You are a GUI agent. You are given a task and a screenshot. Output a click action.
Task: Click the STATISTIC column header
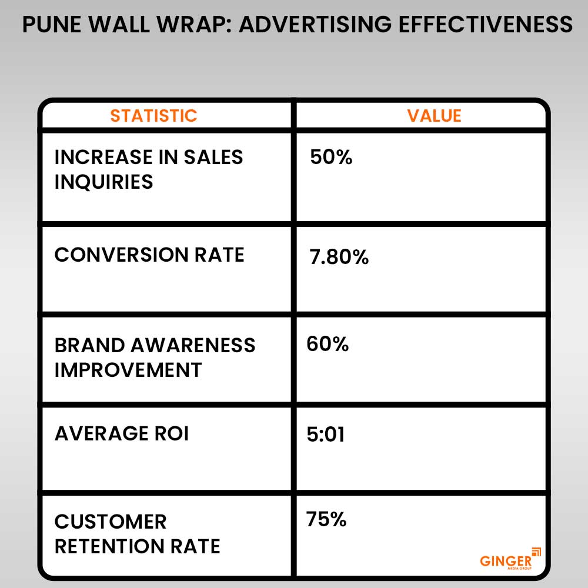click(153, 115)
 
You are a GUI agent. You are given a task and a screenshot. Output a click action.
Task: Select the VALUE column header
click(434, 115)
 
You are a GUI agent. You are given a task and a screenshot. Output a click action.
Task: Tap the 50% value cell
click(331, 158)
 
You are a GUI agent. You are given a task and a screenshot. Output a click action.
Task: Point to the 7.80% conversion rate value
click(339, 257)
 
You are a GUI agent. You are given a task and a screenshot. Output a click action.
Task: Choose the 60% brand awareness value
click(328, 345)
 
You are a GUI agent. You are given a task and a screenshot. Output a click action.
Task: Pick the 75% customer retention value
click(326, 520)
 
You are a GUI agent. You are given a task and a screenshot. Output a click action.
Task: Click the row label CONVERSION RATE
click(149, 255)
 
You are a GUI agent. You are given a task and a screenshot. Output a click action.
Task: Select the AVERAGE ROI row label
click(122, 434)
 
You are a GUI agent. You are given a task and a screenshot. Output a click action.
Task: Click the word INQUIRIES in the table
click(103, 182)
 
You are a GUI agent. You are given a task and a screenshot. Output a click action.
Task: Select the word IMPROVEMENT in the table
click(128, 370)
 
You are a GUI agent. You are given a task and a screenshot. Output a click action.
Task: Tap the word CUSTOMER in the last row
click(111, 522)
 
